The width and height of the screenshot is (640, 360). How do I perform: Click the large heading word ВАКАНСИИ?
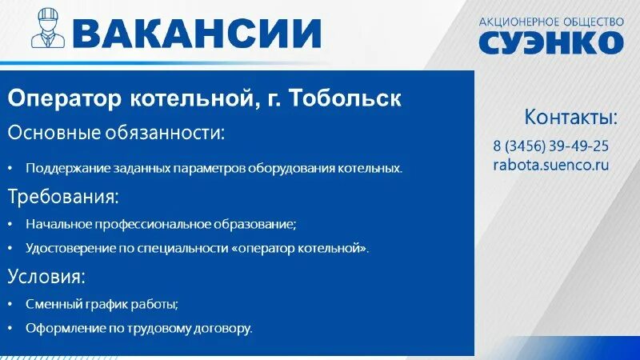point(197,33)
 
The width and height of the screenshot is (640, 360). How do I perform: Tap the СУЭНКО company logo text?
point(550,42)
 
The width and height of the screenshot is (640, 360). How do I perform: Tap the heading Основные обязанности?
point(116,132)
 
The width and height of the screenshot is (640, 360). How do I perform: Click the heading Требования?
point(63,196)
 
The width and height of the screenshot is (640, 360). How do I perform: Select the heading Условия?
point(46,277)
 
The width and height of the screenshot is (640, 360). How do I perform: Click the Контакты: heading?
point(570,118)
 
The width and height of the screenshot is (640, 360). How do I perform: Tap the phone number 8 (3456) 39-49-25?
point(550,146)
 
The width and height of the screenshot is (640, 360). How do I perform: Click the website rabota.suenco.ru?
point(550,165)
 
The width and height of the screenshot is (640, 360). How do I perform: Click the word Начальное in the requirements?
point(54,225)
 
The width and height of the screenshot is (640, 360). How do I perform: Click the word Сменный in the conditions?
point(50,304)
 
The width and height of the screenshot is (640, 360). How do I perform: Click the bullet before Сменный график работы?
point(11,305)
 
